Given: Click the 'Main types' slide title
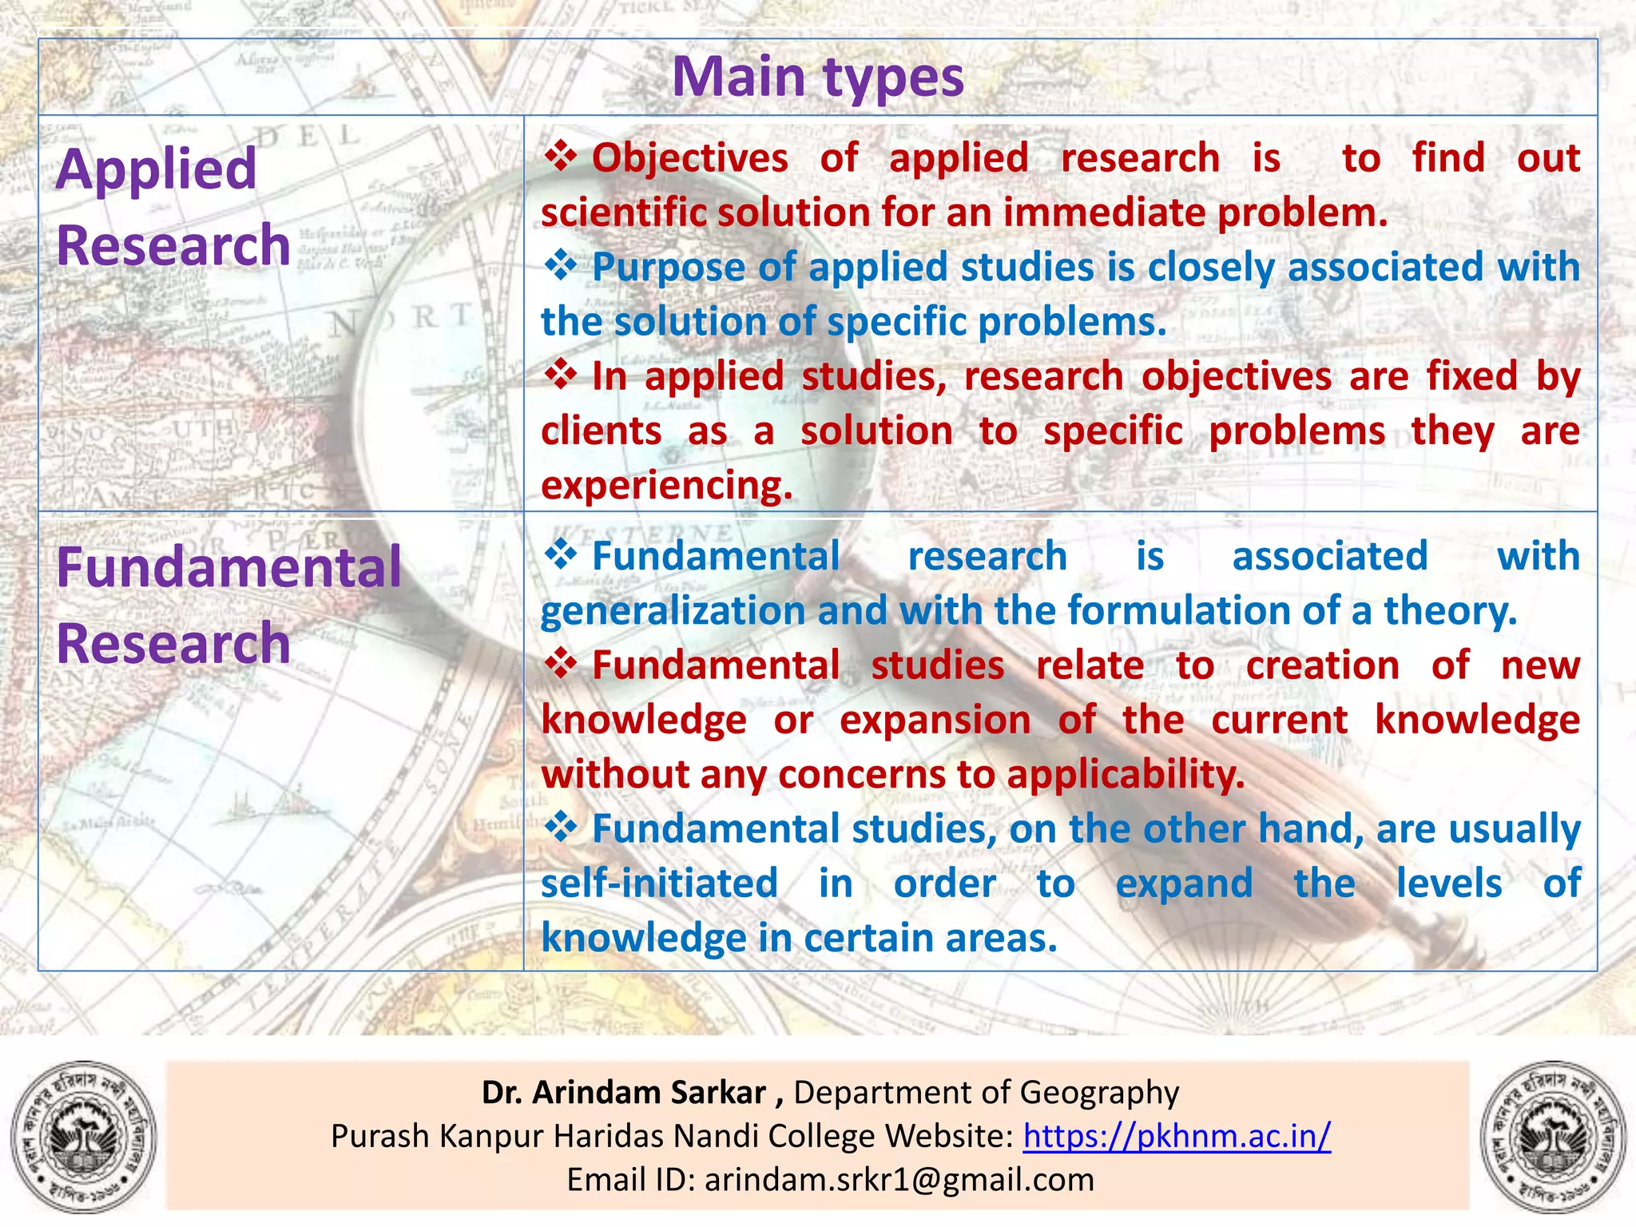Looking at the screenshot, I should pos(817,77).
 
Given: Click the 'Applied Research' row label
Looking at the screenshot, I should pos(173,207).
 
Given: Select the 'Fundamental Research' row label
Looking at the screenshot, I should pos(228,605).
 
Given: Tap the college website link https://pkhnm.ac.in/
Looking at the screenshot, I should pos(1177,1135).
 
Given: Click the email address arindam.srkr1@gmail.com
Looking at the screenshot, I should pos(899,1179).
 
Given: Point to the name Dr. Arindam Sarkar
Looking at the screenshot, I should pos(624,1092).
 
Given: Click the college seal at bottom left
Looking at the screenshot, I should pos(83,1136).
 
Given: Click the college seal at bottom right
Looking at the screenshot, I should pos(1553,1136).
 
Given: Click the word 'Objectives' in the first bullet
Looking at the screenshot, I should pos(689,157).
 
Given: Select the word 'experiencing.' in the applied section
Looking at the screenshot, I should pos(666,485).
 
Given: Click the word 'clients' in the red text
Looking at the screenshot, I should pos(601,431).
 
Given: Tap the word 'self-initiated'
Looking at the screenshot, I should pos(659,883).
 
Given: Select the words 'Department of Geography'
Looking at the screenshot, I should pos(986,1092).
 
